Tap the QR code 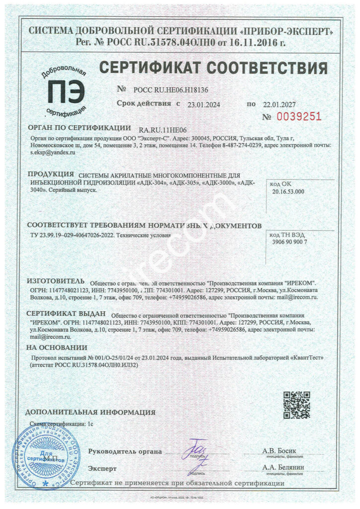point(296,405)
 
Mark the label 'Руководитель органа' point(125,451)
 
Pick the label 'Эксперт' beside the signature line point(102,468)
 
